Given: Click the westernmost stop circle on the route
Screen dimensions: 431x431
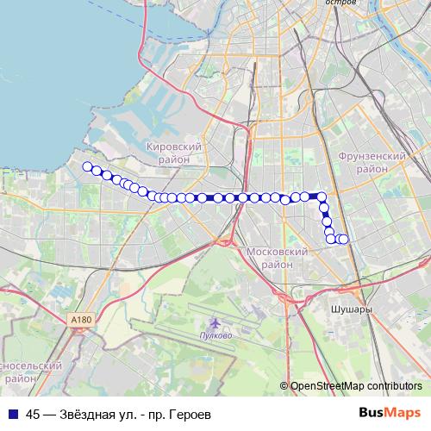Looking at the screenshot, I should (86, 166).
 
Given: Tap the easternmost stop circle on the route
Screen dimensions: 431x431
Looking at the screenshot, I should (343, 239).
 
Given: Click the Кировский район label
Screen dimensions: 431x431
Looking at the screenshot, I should (174, 153).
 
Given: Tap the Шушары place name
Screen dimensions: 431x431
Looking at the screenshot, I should (352, 307).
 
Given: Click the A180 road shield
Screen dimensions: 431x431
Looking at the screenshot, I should (80, 320).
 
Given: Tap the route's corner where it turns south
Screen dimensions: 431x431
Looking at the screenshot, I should (322, 197).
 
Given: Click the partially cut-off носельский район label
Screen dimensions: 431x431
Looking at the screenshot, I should (30, 372).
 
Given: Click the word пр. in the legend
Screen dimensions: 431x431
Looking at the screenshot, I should (157, 414).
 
